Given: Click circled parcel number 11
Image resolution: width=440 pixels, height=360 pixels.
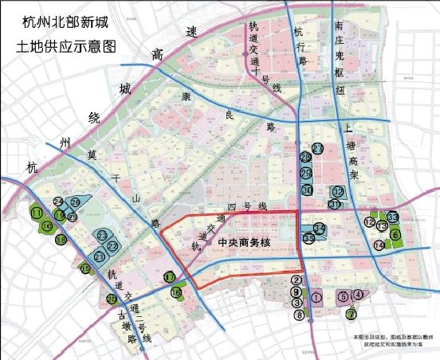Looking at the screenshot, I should coord(37,213).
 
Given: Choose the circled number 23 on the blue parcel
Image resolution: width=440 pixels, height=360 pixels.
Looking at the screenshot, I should coord(102,235).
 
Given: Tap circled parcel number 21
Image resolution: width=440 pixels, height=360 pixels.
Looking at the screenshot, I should coord(99,257).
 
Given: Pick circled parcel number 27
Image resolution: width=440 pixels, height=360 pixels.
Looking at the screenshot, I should coord(317,149).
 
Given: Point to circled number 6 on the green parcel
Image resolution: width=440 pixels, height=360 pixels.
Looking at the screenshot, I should coord(395,234).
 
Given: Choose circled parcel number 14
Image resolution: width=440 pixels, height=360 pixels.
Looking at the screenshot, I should coord(379,245).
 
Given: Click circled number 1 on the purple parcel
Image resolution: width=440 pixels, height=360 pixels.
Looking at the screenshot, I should coord(316,297).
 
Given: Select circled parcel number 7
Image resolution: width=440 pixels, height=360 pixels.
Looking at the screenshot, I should coord(351,314).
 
